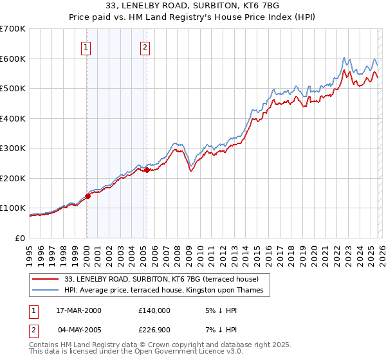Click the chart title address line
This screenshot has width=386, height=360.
(x=193, y=6)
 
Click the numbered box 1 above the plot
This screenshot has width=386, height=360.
(x=86, y=46)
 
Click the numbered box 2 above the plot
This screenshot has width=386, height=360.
(x=145, y=46)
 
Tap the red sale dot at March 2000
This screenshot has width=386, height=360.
(x=88, y=197)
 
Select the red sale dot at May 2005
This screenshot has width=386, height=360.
(x=147, y=170)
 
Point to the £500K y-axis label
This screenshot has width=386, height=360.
(x=13, y=89)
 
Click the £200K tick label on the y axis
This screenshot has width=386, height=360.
(x=13, y=178)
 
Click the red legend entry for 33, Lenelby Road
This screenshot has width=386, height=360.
(x=161, y=279)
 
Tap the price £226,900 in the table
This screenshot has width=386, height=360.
(x=154, y=330)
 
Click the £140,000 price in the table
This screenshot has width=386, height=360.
(x=154, y=310)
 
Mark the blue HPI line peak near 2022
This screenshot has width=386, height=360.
(x=345, y=57)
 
